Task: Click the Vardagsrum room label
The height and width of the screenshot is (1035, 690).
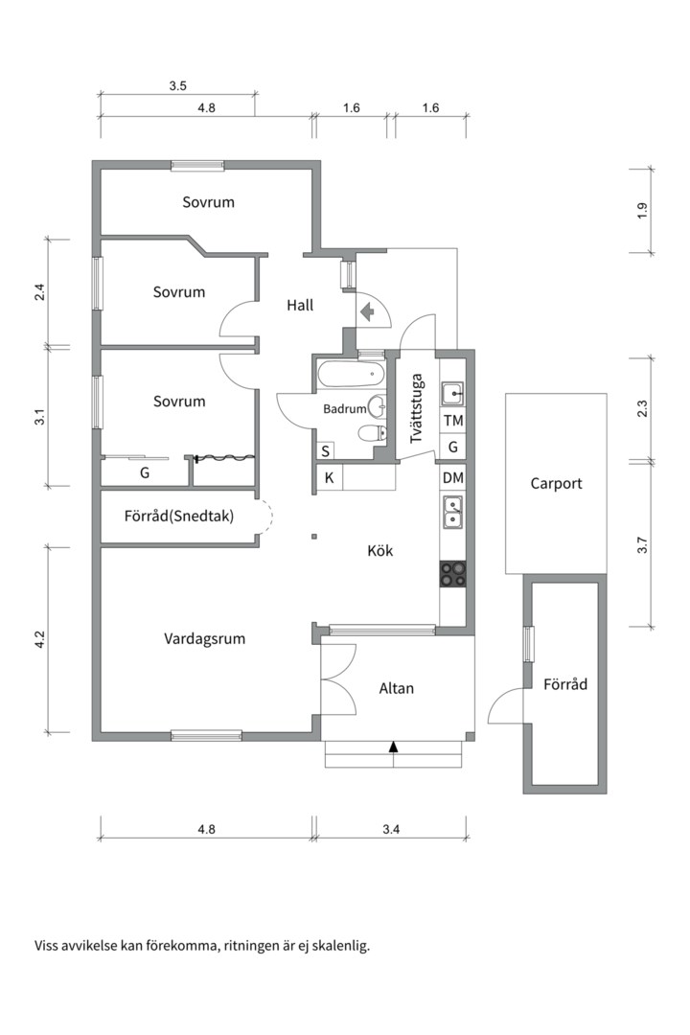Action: pos(205,637)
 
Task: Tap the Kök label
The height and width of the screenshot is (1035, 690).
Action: pos(380,551)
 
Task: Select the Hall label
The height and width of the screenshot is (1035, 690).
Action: pos(300,306)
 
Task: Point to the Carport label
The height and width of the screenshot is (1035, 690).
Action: pos(556,483)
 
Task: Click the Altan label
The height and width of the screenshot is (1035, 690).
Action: pos(397,688)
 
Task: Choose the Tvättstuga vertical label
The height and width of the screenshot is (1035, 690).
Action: pos(417,409)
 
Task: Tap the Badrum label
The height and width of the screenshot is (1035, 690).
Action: pos(345,409)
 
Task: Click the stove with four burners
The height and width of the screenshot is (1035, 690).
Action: pos(453,573)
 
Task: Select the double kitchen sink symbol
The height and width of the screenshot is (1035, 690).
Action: pos(453,512)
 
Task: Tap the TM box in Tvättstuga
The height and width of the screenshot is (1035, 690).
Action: pos(453,421)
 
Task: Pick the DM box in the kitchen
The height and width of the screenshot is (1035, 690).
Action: pos(453,477)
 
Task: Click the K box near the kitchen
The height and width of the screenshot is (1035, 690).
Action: pos(329,477)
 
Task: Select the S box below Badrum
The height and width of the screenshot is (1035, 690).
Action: pos(326,450)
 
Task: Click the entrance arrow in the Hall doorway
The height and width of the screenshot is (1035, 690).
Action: pos(366,310)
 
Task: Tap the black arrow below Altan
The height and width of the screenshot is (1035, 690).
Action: pos(393,746)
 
